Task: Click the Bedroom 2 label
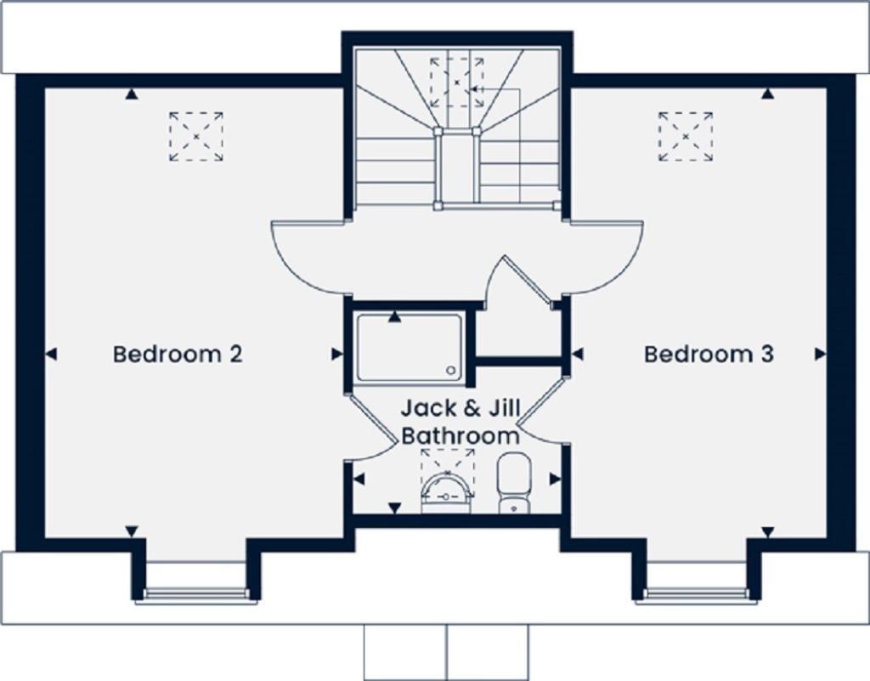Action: coord(178,354)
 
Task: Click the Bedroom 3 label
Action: coord(709,354)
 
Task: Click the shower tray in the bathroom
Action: coord(410,348)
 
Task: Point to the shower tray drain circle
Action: coord(452,370)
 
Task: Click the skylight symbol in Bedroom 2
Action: coord(195,136)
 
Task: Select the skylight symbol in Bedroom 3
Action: coord(685,136)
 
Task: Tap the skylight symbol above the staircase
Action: coord(456,82)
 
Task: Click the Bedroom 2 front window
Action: coord(196,594)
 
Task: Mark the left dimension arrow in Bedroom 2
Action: coord(51,354)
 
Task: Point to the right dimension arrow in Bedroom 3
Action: coord(820,354)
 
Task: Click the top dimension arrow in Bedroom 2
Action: coord(132,94)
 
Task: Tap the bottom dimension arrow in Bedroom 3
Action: coord(768,531)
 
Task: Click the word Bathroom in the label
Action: coord(460,436)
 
